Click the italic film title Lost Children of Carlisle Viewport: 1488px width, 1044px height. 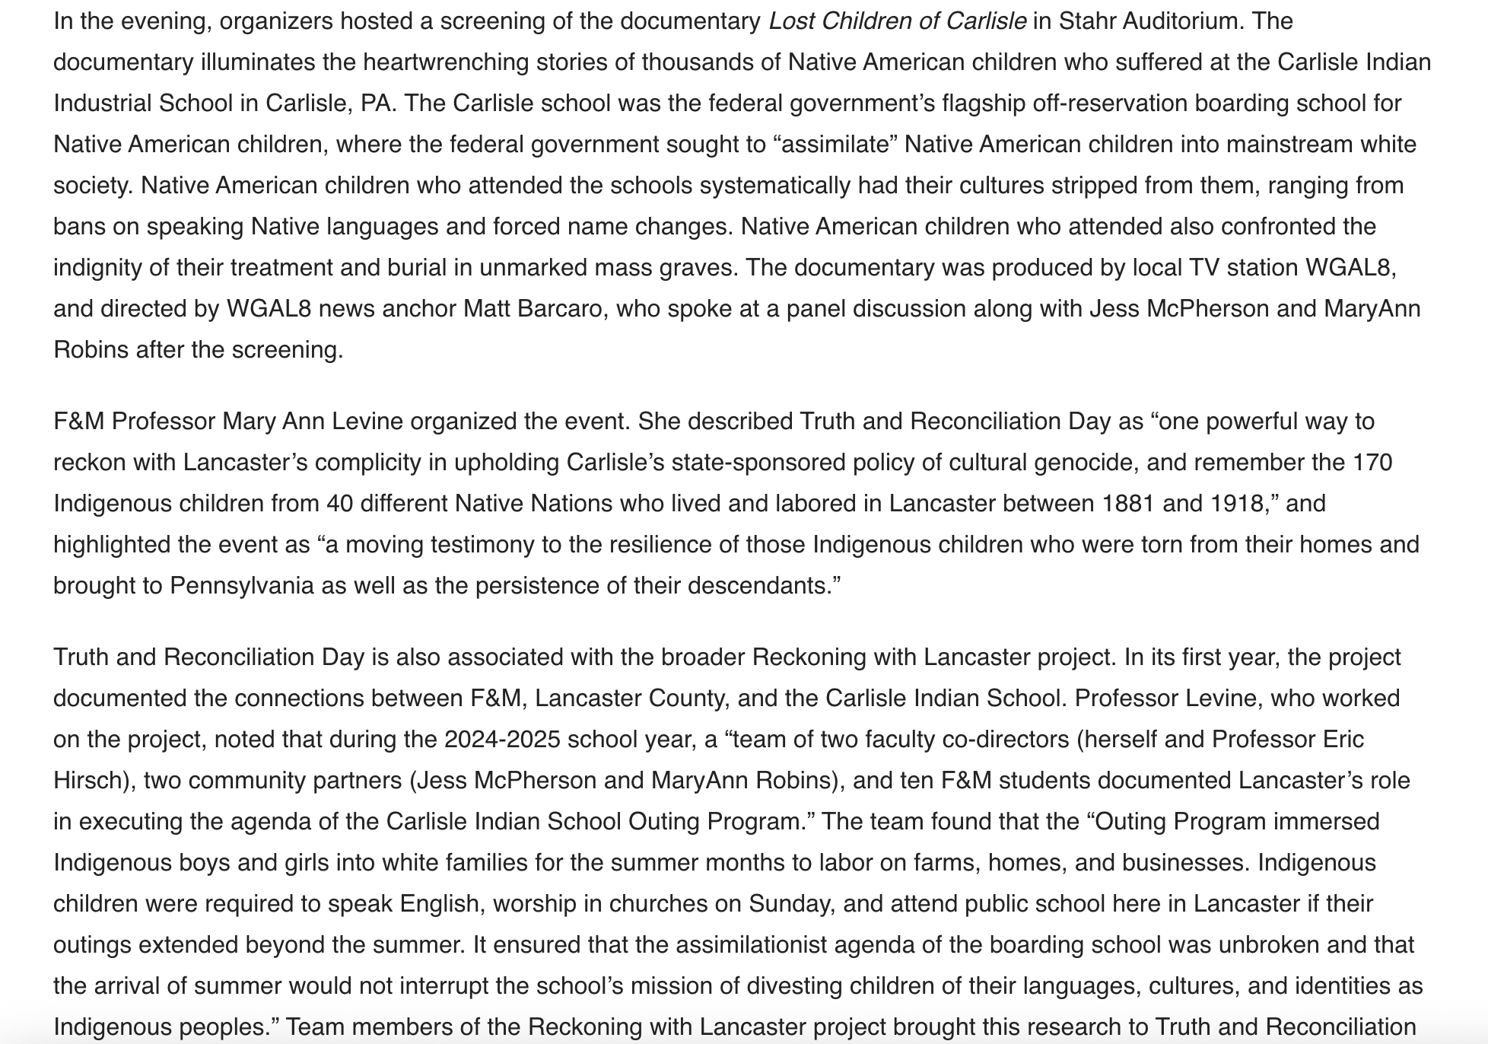point(897,21)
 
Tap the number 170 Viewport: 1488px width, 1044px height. point(1372,463)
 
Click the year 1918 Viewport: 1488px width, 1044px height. point(1232,504)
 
